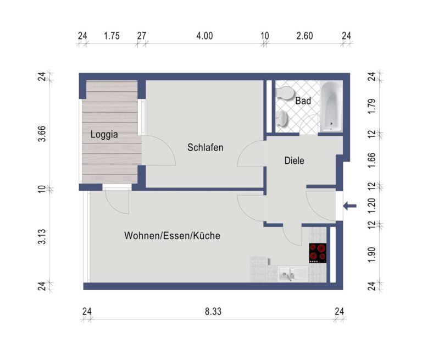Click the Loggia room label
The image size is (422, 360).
104,134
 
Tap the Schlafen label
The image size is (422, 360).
206,147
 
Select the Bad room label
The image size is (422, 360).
303,101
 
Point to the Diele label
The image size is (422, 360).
294,160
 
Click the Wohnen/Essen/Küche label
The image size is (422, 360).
172,236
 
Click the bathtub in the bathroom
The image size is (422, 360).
331,107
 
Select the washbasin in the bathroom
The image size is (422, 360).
282,119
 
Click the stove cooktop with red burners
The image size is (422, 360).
318,253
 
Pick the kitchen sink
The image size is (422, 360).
292,274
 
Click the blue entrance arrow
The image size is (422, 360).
349,206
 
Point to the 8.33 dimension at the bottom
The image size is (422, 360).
213,312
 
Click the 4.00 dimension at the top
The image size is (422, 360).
204,36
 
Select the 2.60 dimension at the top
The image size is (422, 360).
304,36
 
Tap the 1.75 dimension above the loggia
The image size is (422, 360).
112,36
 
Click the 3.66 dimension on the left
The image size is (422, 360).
42,134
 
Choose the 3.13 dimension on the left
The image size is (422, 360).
42,237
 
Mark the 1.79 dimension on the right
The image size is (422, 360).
371,107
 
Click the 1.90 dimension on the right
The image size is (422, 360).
371,254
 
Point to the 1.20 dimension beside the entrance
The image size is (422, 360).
371,206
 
